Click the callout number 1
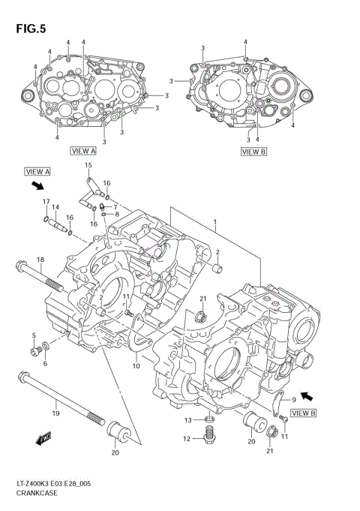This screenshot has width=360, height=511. [215, 222]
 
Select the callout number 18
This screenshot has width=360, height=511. [40, 260]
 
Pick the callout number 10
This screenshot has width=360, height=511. [136, 366]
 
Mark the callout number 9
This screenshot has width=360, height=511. [294, 401]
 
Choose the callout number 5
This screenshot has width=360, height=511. [33, 335]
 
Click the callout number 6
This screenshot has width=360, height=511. [44, 364]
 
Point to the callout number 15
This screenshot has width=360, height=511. [88, 164]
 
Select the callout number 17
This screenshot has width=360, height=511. [46, 201]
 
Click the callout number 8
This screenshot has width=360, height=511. [117, 215]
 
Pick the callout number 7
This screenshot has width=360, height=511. [115, 206]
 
